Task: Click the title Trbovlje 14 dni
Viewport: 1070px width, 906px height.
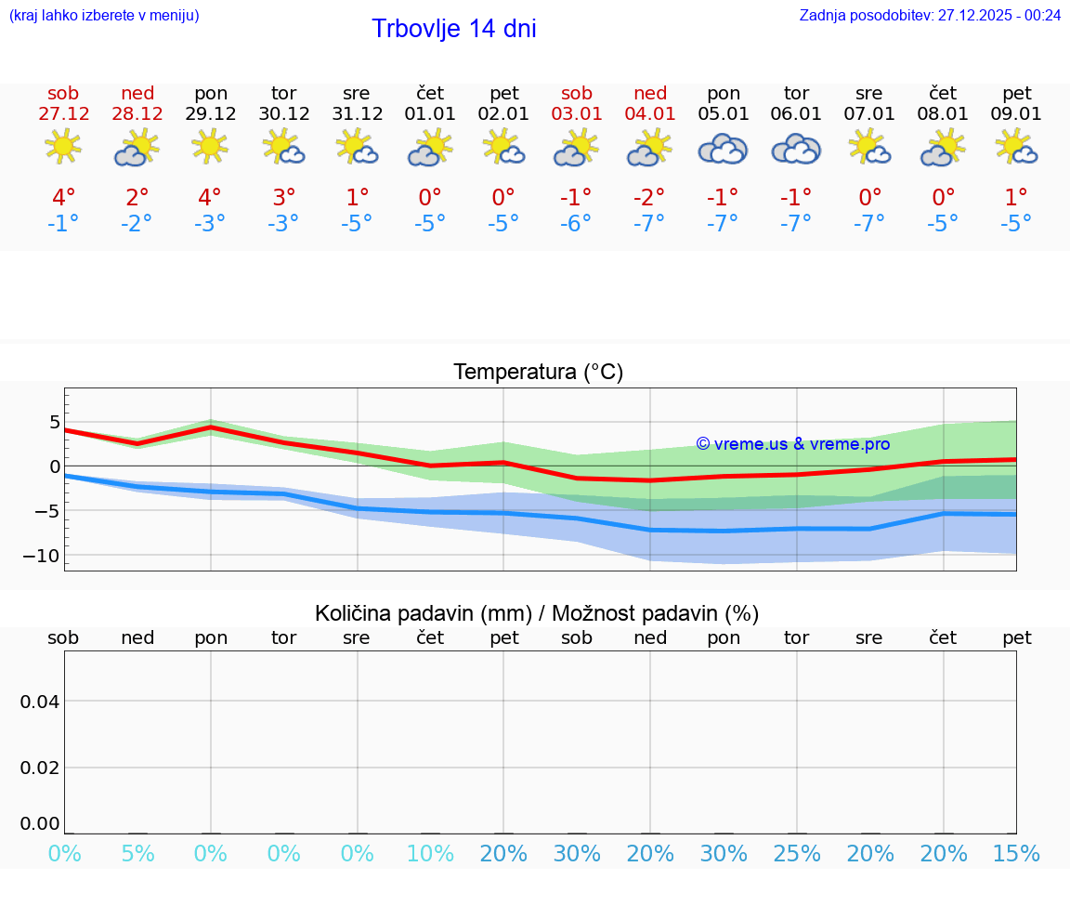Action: [x=453, y=29]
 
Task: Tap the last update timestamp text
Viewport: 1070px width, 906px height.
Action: [x=930, y=15]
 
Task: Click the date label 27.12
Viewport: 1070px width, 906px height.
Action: [x=63, y=114]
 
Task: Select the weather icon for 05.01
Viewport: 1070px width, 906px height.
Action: [x=723, y=149]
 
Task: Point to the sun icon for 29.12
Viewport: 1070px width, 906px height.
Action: [x=210, y=147]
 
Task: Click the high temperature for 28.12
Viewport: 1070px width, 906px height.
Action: [x=137, y=198]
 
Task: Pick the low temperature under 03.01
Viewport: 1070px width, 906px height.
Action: [x=576, y=224]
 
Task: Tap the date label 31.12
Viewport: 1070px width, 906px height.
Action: [x=357, y=114]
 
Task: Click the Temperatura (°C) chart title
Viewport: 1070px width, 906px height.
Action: [x=538, y=373]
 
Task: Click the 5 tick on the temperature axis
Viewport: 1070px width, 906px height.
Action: [x=55, y=423]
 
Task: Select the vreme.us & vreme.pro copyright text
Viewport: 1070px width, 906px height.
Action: [x=793, y=444]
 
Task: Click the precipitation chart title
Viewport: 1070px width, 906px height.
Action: [x=537, y=613]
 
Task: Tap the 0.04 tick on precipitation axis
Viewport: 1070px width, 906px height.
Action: [x=40, y=702]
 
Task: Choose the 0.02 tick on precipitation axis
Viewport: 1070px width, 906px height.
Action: [x=40, y=768]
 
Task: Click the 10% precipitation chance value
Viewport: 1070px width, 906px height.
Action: [x=430, y=853]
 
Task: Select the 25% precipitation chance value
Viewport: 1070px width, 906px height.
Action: [x=797, y=853]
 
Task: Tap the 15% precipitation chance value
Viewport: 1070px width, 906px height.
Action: [x=1016, y=853]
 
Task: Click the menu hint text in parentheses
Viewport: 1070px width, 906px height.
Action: [x=104, y=15]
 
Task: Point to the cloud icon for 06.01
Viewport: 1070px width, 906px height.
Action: [x=796, y=149]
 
